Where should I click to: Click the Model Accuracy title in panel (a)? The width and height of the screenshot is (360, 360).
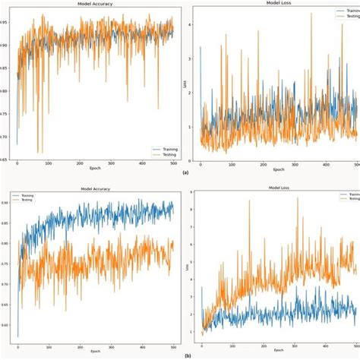pos(93,4)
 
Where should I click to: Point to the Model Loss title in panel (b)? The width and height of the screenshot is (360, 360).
pos(275,189)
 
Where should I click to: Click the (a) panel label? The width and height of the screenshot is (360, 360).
pos(185,173)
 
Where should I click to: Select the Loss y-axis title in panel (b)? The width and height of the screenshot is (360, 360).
pos(191,267)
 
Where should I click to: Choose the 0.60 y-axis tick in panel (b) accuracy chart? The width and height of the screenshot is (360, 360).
pos(7,324)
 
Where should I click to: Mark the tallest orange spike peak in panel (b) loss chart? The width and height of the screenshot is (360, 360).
pos(297,198)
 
